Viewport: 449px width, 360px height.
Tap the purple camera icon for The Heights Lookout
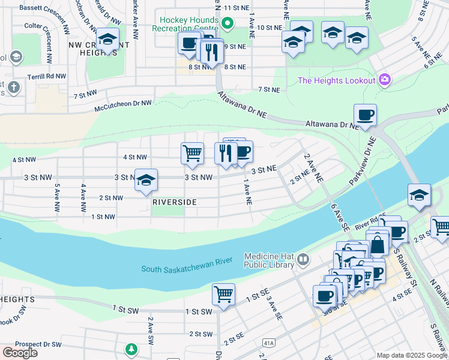[385, 80]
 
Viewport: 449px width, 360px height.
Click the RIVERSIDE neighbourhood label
[174, 202]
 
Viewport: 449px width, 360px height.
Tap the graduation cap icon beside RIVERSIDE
[145, 179]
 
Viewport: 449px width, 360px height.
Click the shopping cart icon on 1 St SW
[223, 294]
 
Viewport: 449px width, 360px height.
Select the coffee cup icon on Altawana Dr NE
[364, 114]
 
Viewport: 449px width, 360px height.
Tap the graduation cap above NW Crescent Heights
[107, 40]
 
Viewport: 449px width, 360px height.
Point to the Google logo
[20, 352]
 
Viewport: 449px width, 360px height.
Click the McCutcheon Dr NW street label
[123, 103]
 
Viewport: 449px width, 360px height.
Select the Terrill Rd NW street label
[47, 77]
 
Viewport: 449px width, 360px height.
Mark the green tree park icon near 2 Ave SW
[131, 349]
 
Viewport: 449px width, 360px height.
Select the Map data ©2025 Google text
[411, 355]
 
